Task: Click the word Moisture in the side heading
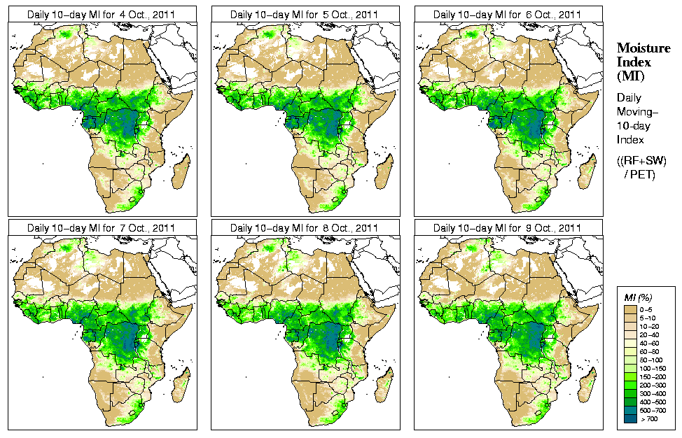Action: pos(639,48)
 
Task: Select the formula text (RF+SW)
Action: pos(641,161)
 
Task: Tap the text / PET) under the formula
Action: pos(640,174)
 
